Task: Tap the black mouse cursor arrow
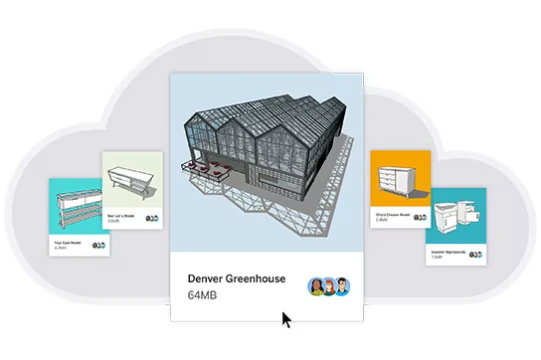[287, 320]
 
